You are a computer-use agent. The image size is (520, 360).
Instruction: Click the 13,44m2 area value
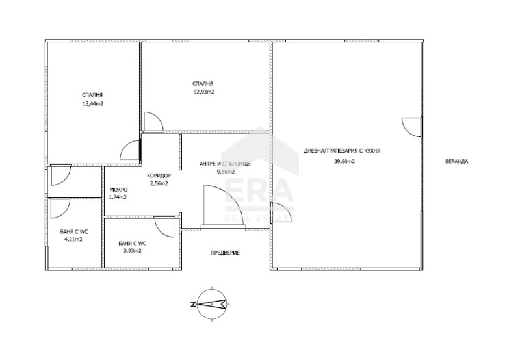coord(92,103)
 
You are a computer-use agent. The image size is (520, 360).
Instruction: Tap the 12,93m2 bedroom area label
coord(203,92)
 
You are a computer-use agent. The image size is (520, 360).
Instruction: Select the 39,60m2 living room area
coord(344,162)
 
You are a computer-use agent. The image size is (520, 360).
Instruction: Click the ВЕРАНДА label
coord(457,162)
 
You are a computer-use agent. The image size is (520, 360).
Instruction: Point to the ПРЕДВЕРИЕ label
coord(225,253)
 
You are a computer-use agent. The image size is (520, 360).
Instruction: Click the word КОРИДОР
coord(159,175)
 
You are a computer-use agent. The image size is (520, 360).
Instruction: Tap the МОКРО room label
coord(118,190)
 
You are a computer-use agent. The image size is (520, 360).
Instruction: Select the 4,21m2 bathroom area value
coord(73,239)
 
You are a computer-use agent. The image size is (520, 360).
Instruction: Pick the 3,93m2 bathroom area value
coord(133,251)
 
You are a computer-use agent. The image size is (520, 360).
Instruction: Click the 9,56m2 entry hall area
coord(226,172)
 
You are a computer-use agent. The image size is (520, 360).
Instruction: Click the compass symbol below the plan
coord(213,303)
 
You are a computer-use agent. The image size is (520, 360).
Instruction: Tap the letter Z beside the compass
coord(192,303)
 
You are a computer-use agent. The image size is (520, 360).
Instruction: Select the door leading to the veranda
coord(412,127)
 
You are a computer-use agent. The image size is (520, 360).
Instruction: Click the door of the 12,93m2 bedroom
coord(153,122)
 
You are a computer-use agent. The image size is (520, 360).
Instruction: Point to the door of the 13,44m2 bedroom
coord(129,150)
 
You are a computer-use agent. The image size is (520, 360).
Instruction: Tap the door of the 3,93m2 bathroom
coord(165,227)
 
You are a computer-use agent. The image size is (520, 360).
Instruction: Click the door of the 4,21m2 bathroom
coord(60,209)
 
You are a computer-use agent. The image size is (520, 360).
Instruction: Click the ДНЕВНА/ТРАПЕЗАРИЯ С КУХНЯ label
coord(342,151)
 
